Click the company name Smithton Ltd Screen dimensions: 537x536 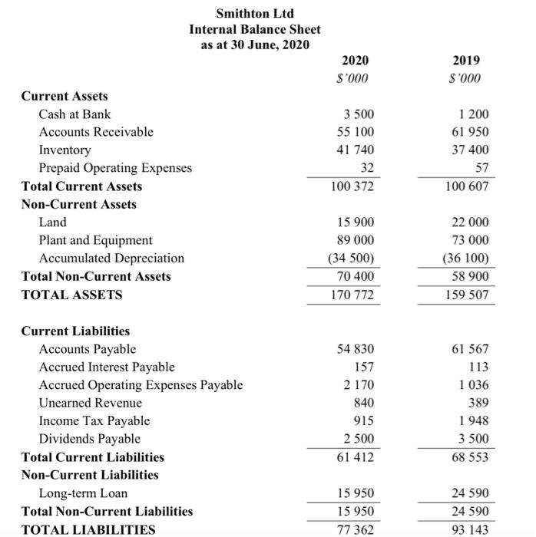[255, 13]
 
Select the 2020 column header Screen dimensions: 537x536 [355, 61]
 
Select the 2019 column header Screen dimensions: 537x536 [466, 61]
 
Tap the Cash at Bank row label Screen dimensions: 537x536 [74, 114]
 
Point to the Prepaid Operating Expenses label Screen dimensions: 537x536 [115, 168]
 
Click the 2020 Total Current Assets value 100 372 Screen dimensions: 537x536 [353, 186]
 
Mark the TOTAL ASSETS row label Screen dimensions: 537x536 [71, 295]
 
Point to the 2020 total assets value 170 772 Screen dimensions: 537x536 [353, 295]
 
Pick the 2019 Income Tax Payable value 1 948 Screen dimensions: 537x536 [472, 421]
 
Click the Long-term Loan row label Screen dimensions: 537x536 [83, 493]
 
